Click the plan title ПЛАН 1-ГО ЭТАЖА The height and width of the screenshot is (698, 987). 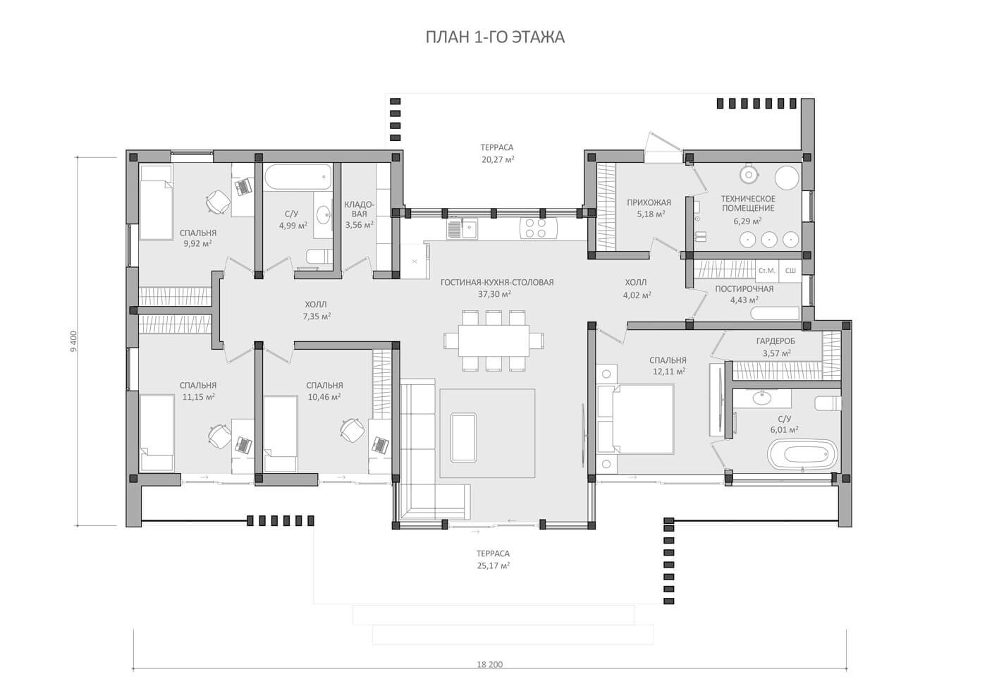pos(495,37)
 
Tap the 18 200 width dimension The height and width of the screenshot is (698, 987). pos(489,664)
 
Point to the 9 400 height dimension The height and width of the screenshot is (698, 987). pos(73,341)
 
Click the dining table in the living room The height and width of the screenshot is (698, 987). pos(493,341)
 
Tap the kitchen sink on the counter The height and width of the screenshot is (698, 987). pos(462,228)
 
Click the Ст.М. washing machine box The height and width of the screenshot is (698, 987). pos(767,271)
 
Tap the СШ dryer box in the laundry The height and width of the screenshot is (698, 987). pos(790,271)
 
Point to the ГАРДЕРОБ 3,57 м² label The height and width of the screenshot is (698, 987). pos(776,347)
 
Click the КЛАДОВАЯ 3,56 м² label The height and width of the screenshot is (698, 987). pos(359,214)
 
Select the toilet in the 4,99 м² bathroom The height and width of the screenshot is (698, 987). pos(319,257)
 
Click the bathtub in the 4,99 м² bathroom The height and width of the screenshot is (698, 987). pos(298,178)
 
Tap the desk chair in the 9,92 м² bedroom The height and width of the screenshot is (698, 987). pos(218,202)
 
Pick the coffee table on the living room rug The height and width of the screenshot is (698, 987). pos(463,438)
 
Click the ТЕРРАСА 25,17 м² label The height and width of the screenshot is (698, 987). pos(493,560)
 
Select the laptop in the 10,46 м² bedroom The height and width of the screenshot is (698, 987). pos(380,444)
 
